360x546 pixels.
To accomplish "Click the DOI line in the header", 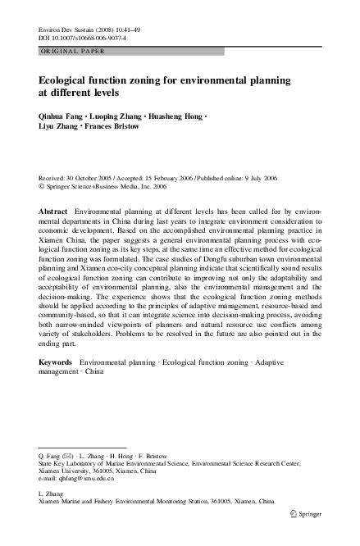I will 79,38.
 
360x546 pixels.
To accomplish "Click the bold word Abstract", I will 53,212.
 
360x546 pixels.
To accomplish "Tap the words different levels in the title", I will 78,94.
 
